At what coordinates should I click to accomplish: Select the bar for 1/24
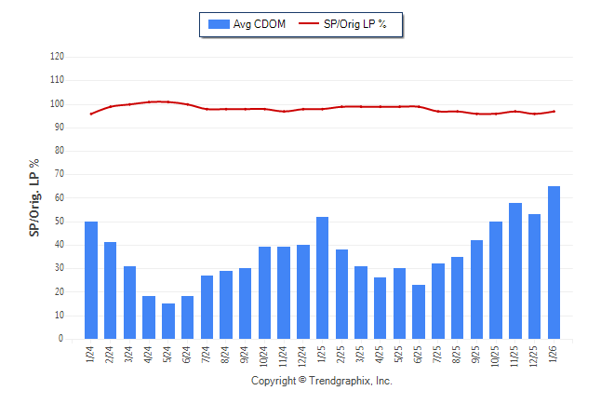pyautogui.click(x=91, y=280)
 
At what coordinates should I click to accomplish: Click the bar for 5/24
pyautogui.click(x=168, y=321)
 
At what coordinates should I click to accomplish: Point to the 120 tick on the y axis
pyautogui.click(x=58, y=57)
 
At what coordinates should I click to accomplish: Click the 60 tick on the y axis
pyautogui.click(x=60, y=198)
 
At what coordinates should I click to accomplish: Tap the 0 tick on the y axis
pyautogui.click(x=62, y=339)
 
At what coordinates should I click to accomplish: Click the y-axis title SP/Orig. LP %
pyautogui.click(x=34, y=197)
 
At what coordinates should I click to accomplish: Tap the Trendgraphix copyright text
pyautogui.click(x=322, y=381)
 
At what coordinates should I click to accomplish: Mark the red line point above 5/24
pyautogui.click(x=168, y=101)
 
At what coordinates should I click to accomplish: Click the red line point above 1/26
pyautogui.click(x=554, y=112)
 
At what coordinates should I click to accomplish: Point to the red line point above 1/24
pyautogui.click(x=91, y=114)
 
